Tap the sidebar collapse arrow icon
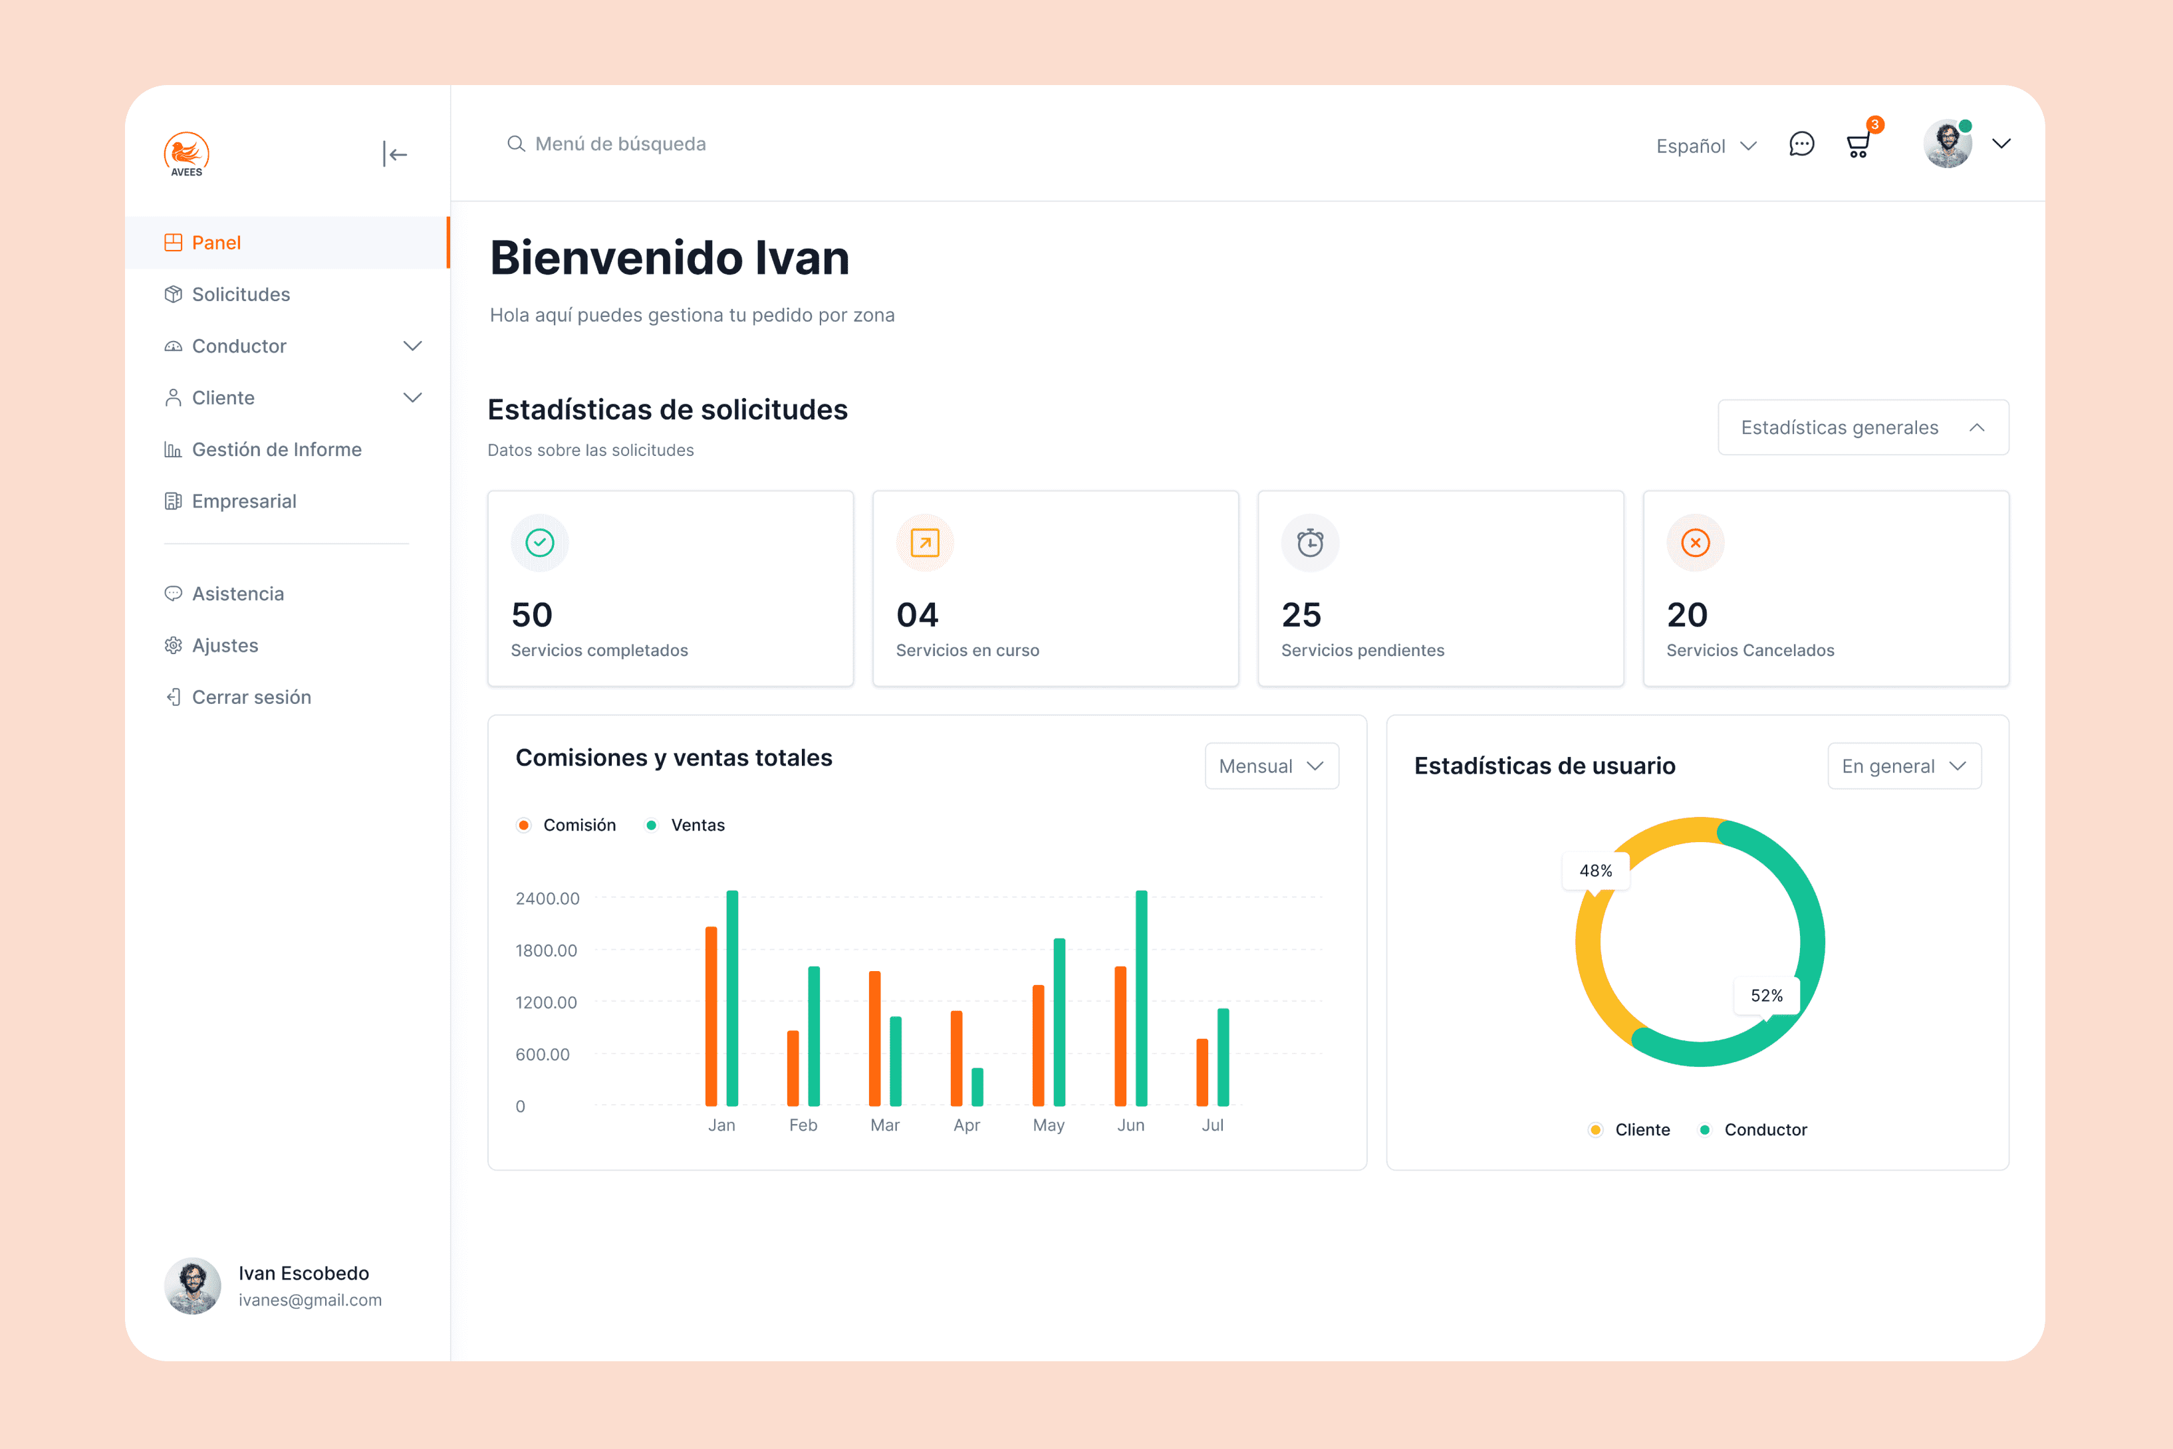tap(395, 154)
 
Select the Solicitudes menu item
tap(240, 294)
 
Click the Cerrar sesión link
tap(251, 697)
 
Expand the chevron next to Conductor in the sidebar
tap(412, 346)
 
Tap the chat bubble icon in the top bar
tap(1801, 144)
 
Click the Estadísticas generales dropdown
tap(1862, 427)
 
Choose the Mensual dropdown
tap(1271, 766)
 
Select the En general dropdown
tap(1903, 766)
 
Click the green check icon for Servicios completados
tap(540, 542)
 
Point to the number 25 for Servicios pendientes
tap(1301, 615)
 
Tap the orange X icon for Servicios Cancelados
tap(1694, 542)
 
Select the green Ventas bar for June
tap(1142, 998)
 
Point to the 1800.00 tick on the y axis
tap(547, 950)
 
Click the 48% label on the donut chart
tap(1595, 871)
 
